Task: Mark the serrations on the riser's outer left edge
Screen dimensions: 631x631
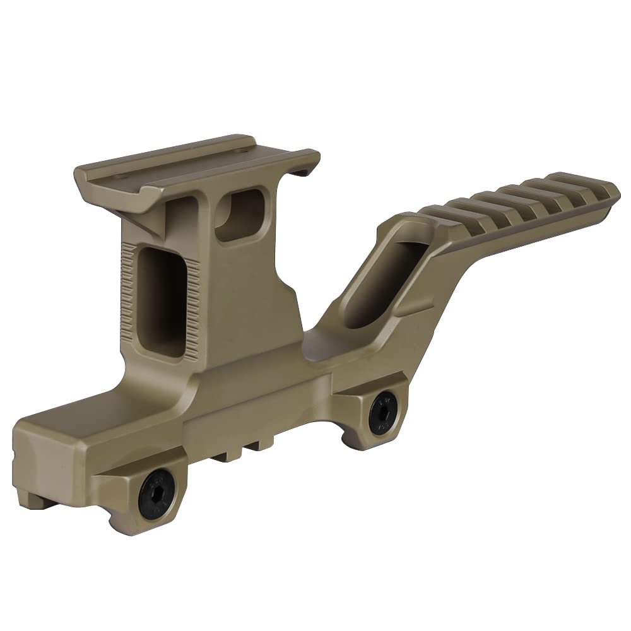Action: point(126,290)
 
